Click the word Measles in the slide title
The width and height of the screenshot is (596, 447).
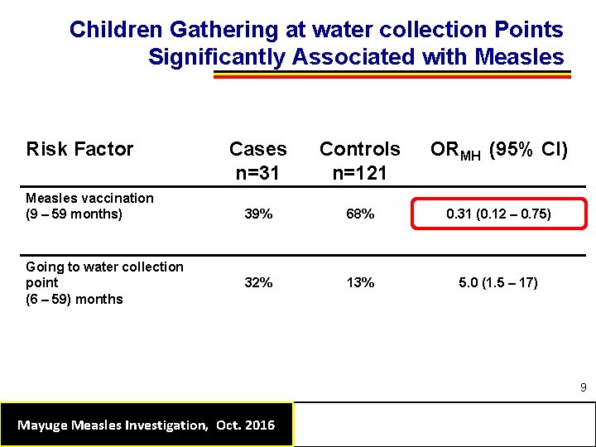pyautogui.click(x=519, y=58)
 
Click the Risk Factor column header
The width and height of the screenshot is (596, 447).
pyautogui.click(x=79, y=149)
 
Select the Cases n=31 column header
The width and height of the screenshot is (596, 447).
pyautogui.click(x=257, y=160)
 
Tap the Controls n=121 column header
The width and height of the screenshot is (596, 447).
pyautogui.click(x=359, y=160)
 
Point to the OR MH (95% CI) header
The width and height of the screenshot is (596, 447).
pyautogui.click(x=498, y=150)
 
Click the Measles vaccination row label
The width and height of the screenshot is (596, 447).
pyautogui.click(x=89, y=206)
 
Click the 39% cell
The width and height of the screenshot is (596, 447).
pyautogui.click(x=258, y=214)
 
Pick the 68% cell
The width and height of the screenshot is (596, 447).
pyautogui.click(x=360, y=214)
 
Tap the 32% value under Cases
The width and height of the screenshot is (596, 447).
pyautogui.click(x=258, y=282)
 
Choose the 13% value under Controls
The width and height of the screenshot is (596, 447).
pyautogui.click(x=360, y=282)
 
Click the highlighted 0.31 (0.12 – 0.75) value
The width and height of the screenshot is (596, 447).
pyautogui.click(x=498, y=214)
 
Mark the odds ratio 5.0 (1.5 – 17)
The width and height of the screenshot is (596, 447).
pyautogui.click(x=498, y=282)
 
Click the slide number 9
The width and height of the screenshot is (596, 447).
pyautogui.click(x=583, y=387)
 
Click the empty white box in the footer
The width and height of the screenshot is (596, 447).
pyautogui.click(x=444, y=424)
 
